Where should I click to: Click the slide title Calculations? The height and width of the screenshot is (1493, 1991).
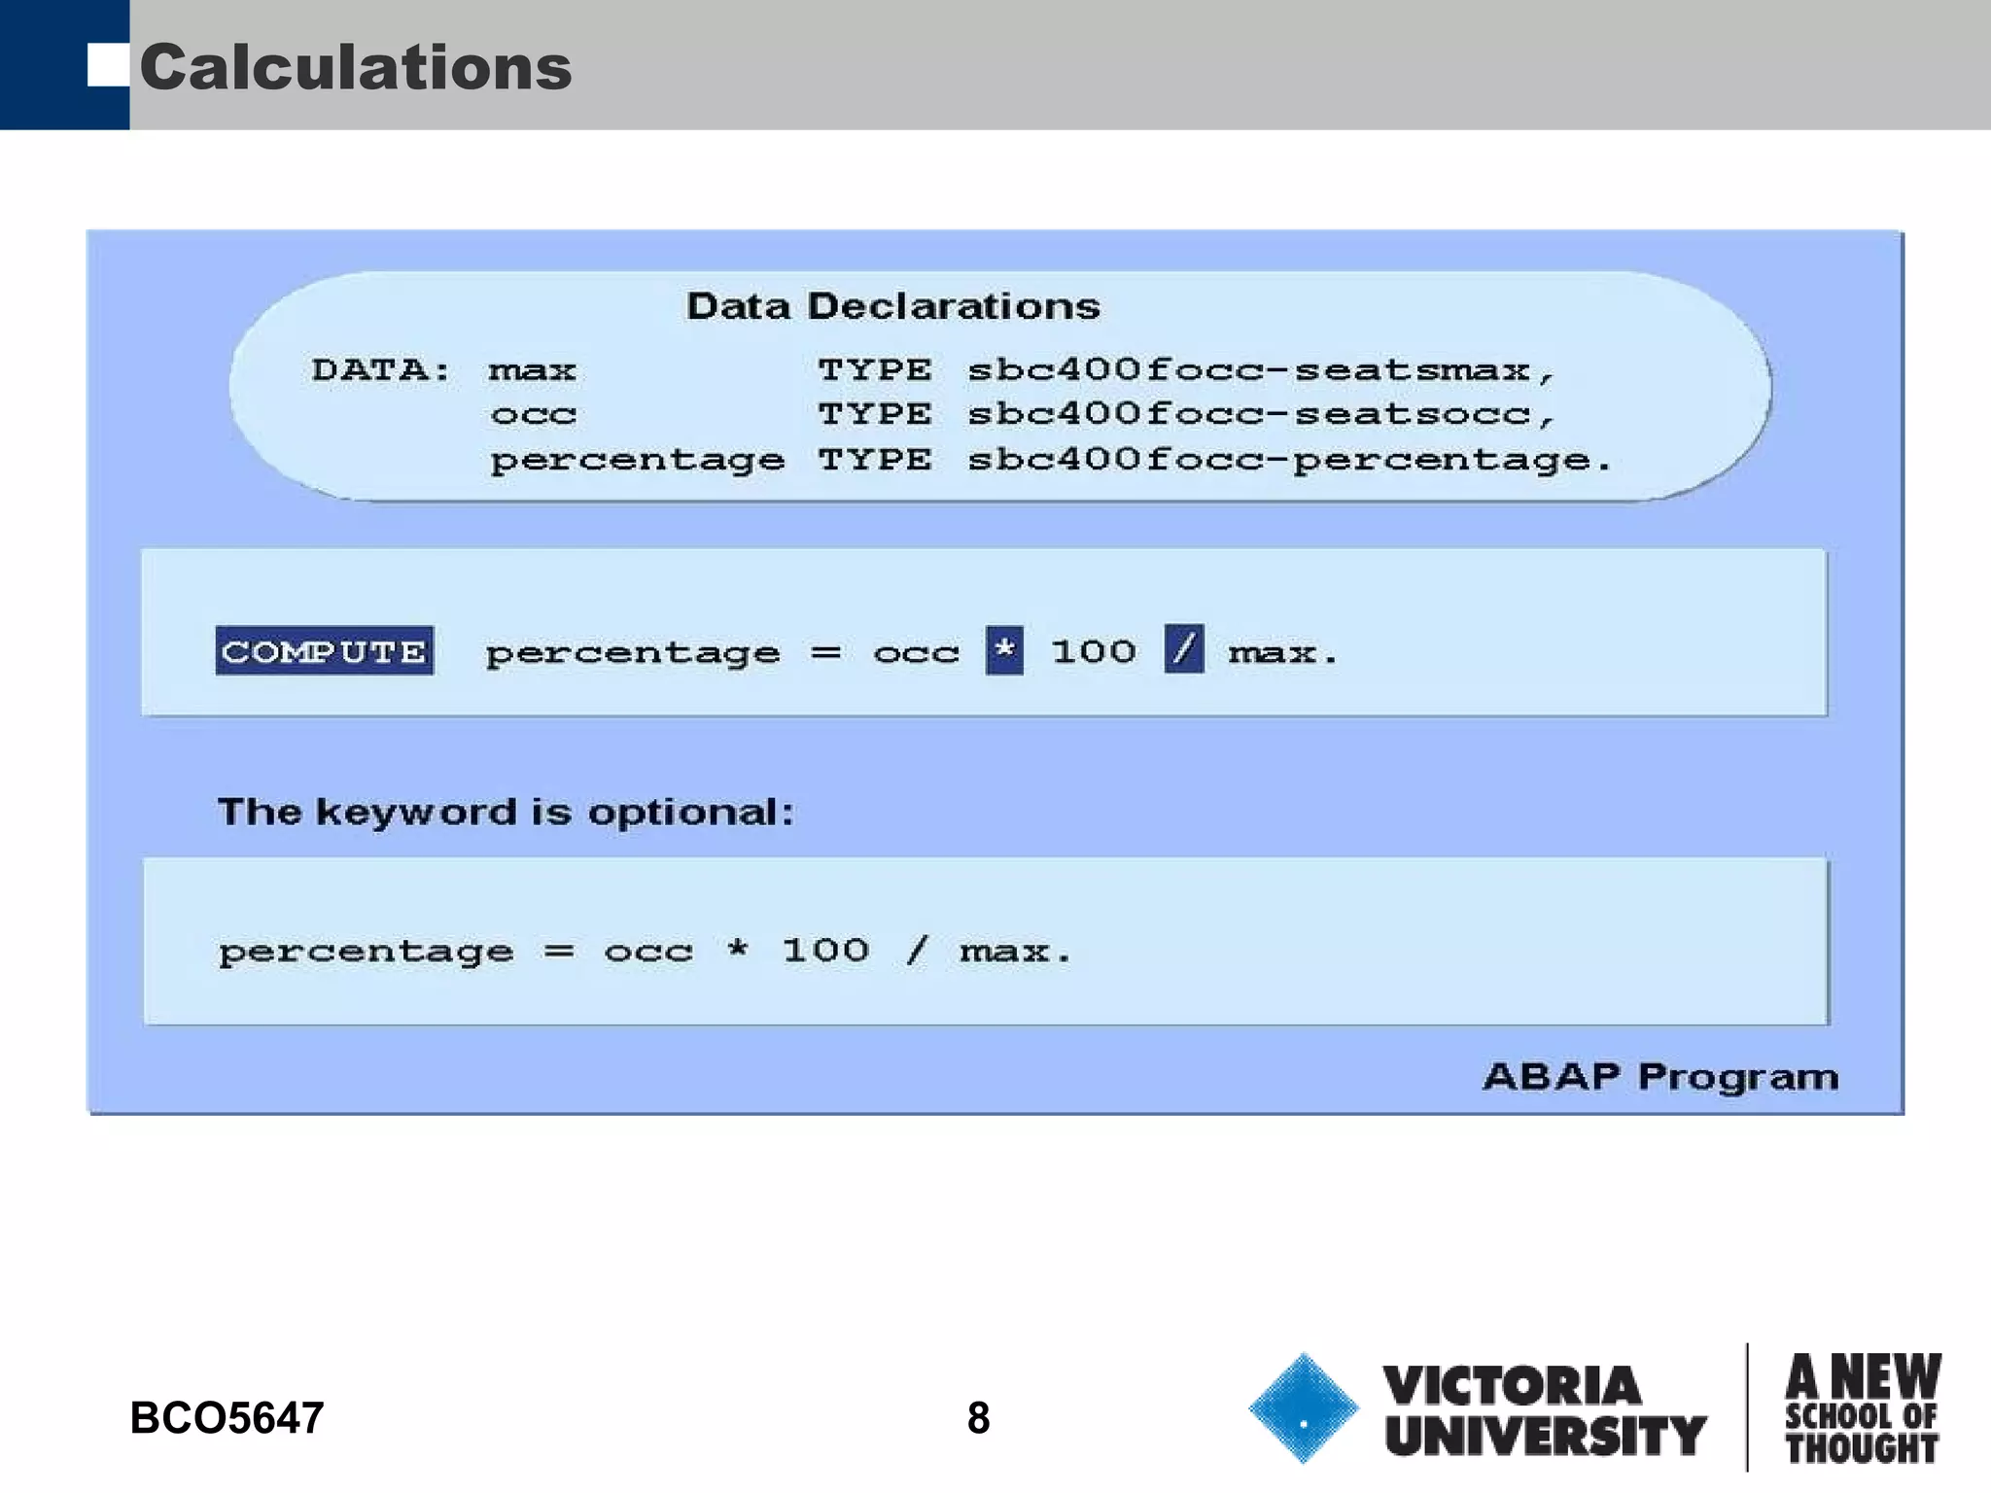(356, 68)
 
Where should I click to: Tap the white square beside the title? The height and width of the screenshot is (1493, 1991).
(107, 65)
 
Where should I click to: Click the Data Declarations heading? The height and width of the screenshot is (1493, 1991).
(892, 306)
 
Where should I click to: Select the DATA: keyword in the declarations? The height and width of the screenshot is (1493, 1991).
(381, 370)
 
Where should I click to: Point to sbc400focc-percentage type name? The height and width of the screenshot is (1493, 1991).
(1288, 460)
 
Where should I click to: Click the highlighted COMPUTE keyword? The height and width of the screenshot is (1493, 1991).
(324, 651)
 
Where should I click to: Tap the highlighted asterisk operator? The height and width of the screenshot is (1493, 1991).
(1004, 649)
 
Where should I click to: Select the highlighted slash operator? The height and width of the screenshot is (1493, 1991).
(1183, 649)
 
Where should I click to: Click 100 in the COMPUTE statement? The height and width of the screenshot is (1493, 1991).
(1093, 651)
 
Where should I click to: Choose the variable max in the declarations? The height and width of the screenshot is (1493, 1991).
(532, 370)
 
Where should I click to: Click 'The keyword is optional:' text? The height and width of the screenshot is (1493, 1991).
(506, 812)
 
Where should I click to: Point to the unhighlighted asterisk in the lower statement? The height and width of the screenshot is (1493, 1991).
(738, 949)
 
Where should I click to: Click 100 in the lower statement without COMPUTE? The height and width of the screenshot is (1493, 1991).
(825, 950)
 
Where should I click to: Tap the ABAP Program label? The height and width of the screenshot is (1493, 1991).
(1659, 1077)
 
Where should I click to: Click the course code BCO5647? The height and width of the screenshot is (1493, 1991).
(227, 1418)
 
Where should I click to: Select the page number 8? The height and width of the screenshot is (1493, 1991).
(978, 1418)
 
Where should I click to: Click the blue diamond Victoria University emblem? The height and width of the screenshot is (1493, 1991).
(1303, 1408)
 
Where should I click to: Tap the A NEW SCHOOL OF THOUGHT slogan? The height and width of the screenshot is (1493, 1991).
(1862, 1408)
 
